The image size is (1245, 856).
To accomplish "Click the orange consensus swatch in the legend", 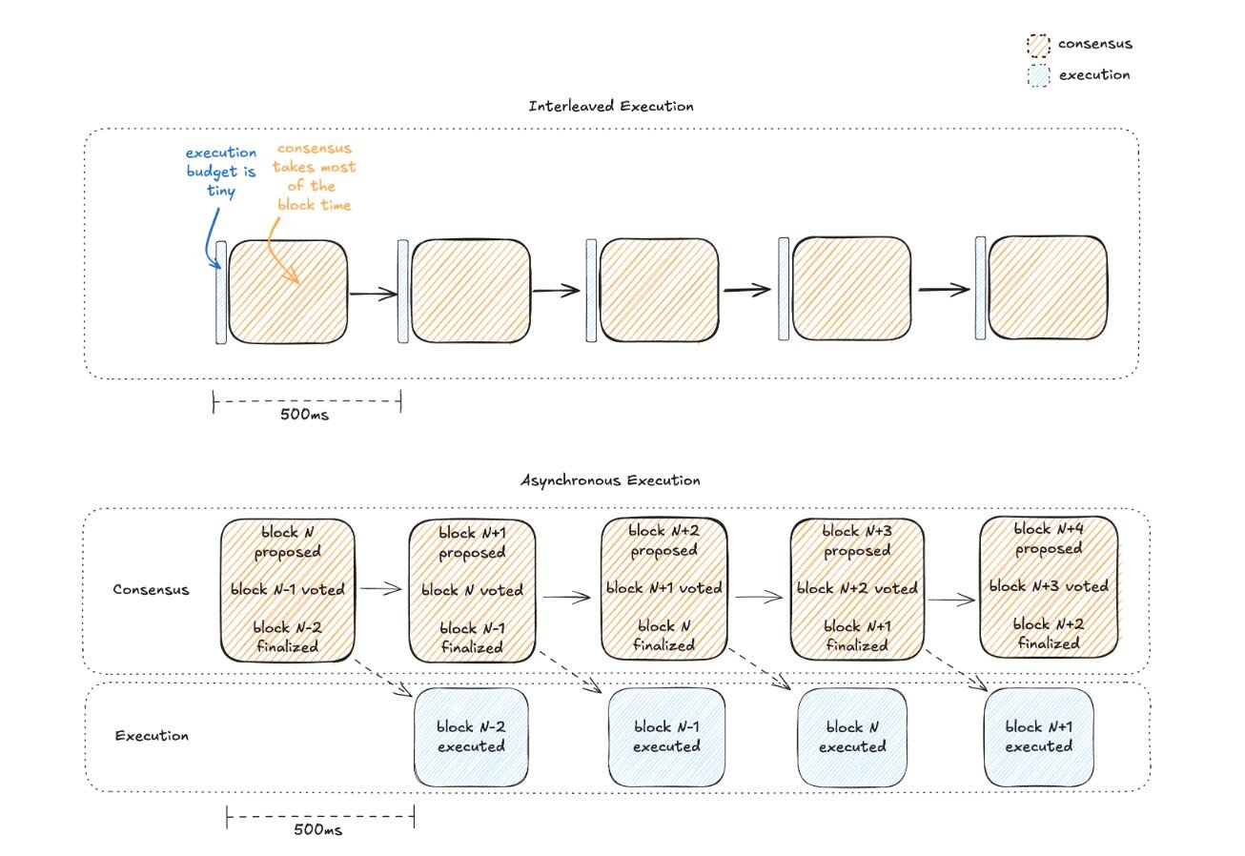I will pyautogui.click(x=1037, y=46).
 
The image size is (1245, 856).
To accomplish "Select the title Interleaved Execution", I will pyautogui.click(x=611, y=106).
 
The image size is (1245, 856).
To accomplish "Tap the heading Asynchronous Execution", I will pyautogui.click(x=610, y=480).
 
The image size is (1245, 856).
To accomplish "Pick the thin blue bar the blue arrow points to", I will pyautogui.click(x=221, y=291).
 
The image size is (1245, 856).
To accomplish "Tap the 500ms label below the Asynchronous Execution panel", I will pyautogui.click(x=319, y=830).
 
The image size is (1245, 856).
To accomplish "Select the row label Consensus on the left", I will pyautogui.click(x=151, y=589).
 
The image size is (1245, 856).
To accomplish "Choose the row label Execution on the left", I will pyautogui.click(x=151, y=736).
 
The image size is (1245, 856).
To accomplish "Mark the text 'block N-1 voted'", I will pyautogui.click(x=287, y=589).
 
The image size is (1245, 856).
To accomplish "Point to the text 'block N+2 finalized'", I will pyautogui.click(x=1048, y=633).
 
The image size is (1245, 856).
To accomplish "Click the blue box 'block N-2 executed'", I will pyautogui.click(x=471, y=737).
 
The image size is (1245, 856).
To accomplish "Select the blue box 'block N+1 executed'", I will pyautogui.click(x=1038, y=737).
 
